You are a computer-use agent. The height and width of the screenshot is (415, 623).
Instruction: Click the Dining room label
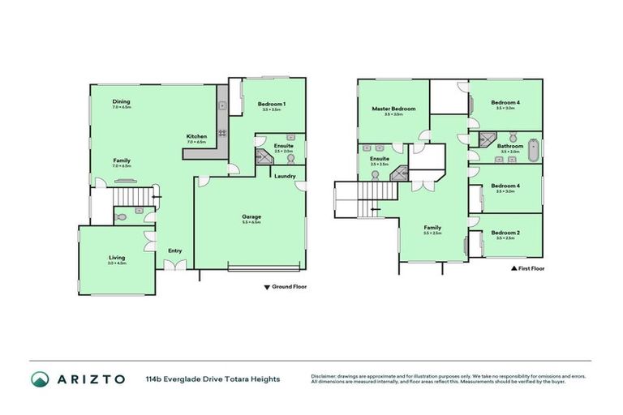click(x=121, y=101)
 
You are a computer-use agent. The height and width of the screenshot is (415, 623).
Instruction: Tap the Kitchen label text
click(x=196, y=135)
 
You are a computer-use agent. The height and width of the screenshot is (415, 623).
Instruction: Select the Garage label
click(x=251, y=216)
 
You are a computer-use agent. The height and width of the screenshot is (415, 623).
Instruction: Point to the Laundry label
click(x=284, y=176)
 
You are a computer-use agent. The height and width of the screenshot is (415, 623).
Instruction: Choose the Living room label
click(x=118, y=258)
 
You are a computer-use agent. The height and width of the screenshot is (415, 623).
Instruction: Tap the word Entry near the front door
click(x=174, y=250)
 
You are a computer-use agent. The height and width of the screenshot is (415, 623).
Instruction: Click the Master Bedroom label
click(x=393, y=109)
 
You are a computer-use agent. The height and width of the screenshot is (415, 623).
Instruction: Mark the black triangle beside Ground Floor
click(x=266, y=287)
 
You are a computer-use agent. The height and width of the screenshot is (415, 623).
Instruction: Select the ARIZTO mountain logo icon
click(x=40, y=379)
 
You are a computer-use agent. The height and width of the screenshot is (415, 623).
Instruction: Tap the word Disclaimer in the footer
click(x=325, y=375)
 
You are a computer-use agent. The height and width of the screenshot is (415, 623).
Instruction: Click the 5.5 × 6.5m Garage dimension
click(x=251, y=222)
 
